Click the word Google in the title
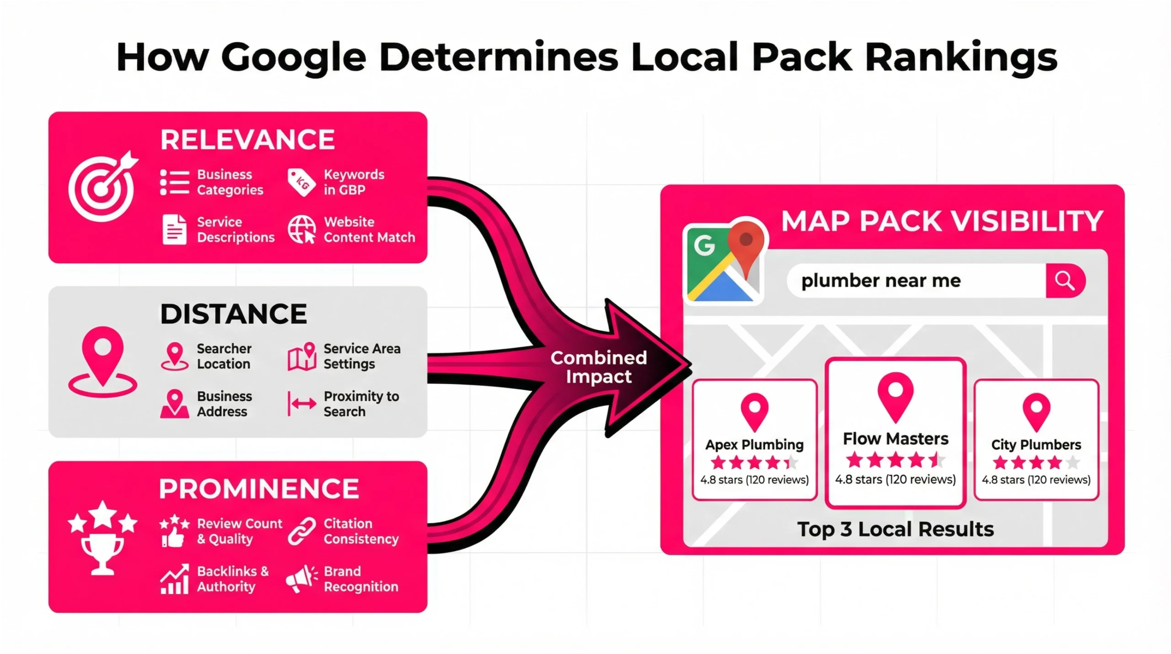click(294, 59)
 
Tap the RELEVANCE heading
click(247, 140)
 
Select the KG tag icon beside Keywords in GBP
click(301, 183)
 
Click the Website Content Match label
click(369, 229)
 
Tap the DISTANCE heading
click(233, 314)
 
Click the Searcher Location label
click(224, 356)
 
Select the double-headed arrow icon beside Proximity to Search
click(301, 404)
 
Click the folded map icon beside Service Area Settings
click(302, 357)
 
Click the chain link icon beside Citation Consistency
click(301, 531)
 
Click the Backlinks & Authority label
click(232, 579)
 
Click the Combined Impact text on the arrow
click(598, 367)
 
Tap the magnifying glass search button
click(1064, 281)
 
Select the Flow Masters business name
click(895, 438)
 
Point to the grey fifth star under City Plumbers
click(1073, 463)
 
